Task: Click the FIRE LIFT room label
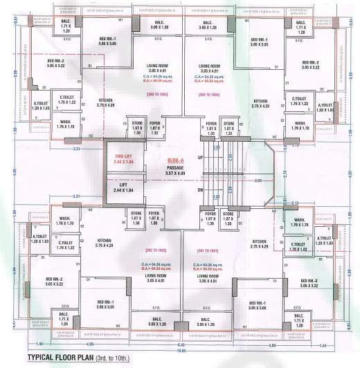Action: coord(123,156)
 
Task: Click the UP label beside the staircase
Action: coord(201,158)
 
